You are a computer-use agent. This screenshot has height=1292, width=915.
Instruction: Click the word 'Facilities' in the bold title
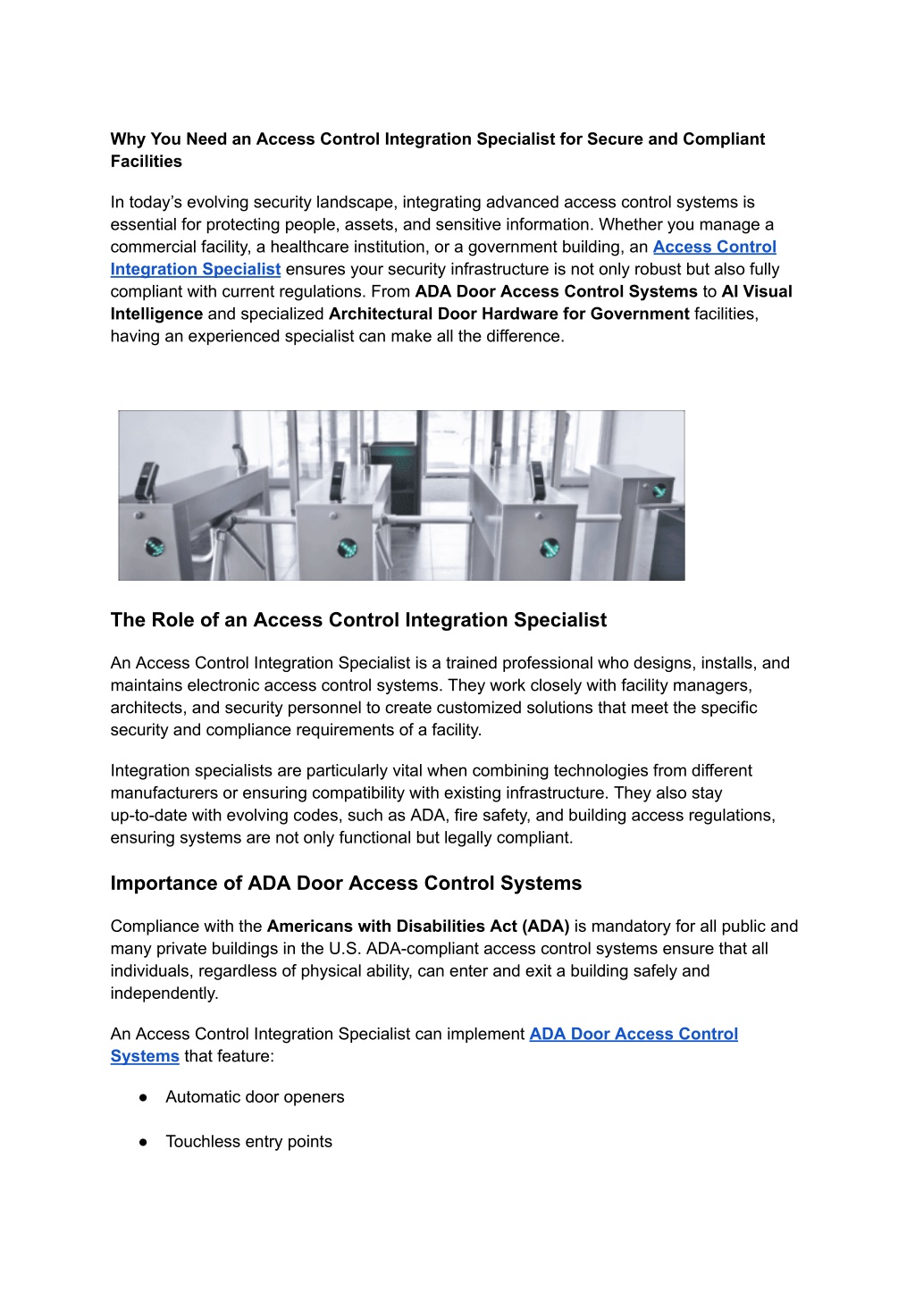147,162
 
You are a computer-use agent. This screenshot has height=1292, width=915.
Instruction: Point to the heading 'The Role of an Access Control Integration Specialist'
358,620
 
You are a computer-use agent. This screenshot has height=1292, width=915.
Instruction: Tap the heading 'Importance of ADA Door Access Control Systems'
346,884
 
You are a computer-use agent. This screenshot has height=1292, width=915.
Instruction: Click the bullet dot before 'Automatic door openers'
143,1097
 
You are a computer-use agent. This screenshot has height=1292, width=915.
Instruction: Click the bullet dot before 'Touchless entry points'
143,1142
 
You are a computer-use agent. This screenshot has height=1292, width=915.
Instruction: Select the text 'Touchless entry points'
248,1142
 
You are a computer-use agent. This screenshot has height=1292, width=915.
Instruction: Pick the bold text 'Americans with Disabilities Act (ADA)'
417,927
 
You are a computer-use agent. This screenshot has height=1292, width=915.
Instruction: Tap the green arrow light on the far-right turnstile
659,490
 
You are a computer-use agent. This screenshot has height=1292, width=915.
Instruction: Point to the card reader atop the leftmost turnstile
147,481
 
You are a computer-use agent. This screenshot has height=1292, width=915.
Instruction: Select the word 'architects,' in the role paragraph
148,708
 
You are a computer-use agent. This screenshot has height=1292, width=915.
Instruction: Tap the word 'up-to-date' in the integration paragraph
148,816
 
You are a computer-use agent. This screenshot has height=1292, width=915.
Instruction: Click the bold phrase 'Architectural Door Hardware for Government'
508,315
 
